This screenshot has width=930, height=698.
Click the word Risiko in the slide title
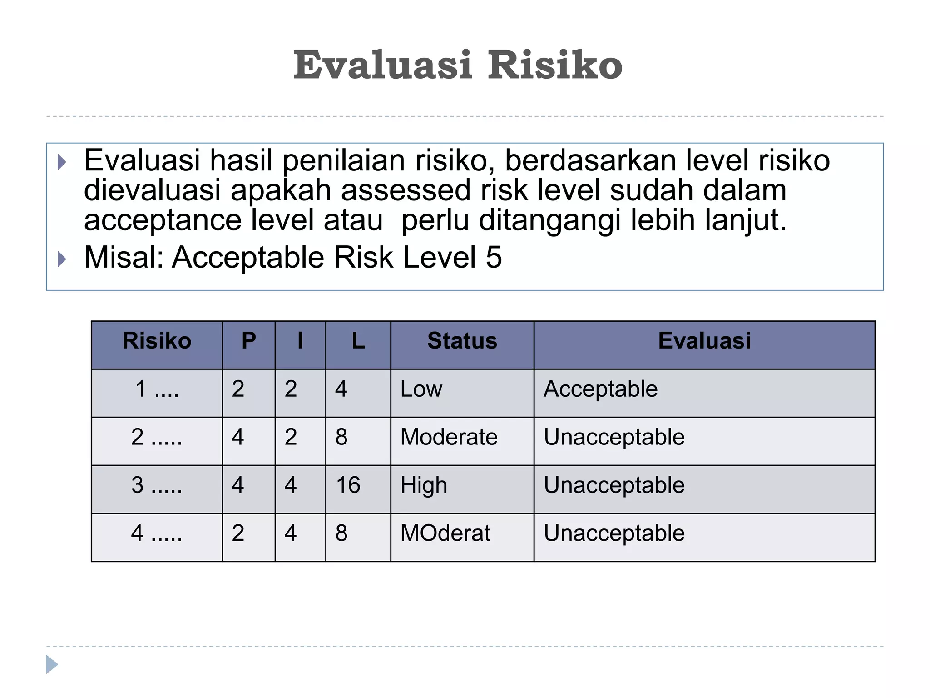coord(554,65)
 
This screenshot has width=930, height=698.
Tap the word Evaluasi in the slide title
coord(383,65)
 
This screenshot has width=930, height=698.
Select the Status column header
coord(462,341)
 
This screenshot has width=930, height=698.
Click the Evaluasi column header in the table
coord(704,341)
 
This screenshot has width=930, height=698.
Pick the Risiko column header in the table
coord(157,341)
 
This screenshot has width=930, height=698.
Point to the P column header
coord(249,341)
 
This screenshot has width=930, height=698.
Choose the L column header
coord(358,341)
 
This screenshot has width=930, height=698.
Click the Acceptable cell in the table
coord(600,389)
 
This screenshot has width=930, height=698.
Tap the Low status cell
coord(421,389)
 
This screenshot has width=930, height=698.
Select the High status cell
coord(424,485)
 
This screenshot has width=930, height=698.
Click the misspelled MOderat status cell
coord(445,533)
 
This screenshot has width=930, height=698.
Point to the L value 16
coord(348,485)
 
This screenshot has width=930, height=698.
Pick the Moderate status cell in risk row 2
coord(449,437)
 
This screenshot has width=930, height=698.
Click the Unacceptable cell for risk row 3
coord(614,485)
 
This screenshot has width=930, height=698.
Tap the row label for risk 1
coord(157,389)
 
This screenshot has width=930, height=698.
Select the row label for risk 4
coord(157,533)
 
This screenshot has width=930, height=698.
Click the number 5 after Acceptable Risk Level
coord(494,258)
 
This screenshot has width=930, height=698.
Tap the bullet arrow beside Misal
coord(62,259)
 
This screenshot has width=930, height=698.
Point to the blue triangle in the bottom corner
coord(51,664)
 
